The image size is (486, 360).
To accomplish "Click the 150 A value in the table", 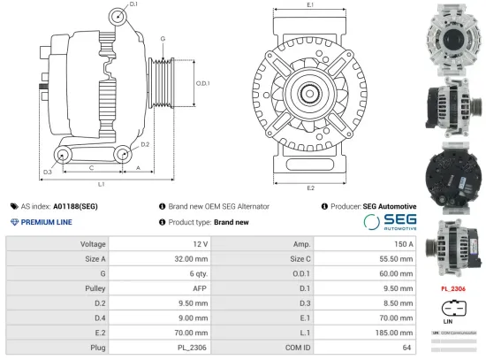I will click(405, 243).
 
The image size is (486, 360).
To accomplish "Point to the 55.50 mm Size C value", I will click(394, 258).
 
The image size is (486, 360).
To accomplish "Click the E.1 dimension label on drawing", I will click(310, 6).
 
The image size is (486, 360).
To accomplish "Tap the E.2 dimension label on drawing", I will click(310, 188).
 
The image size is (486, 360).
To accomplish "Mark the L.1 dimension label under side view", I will click(101, 184).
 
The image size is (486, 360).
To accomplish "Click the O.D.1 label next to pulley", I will click(201, 83).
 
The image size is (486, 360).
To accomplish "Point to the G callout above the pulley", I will click(163, 40).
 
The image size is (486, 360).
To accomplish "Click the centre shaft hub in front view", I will click(310, 93).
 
